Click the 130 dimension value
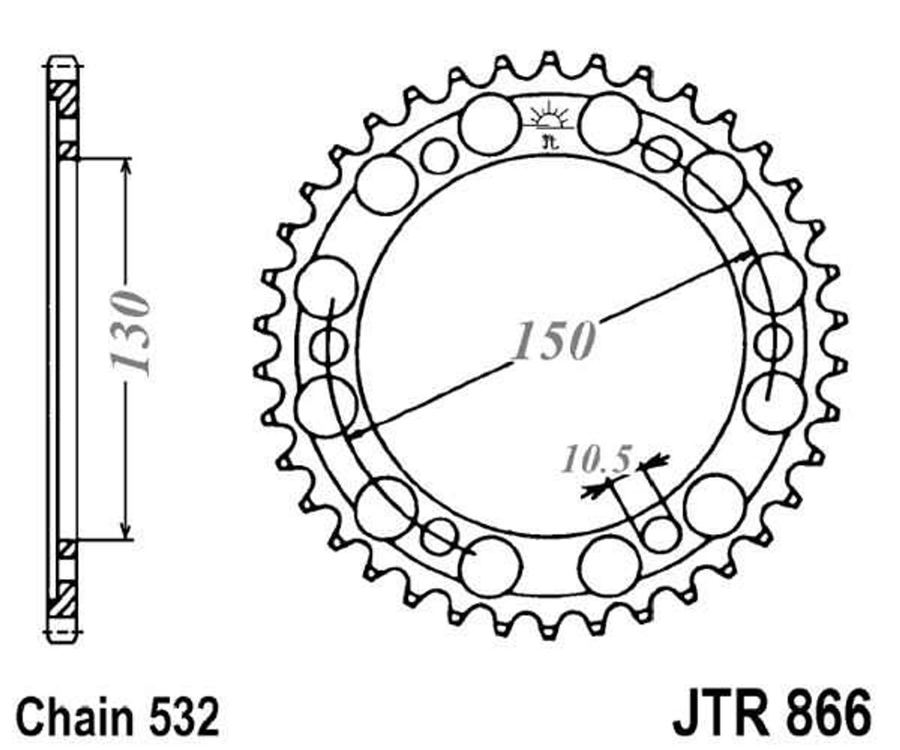click(x=130, y=334)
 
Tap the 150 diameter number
click(x=552, y=340)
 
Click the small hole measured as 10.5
click(x=659, y=533)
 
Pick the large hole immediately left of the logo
click(x=489, y=124)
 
